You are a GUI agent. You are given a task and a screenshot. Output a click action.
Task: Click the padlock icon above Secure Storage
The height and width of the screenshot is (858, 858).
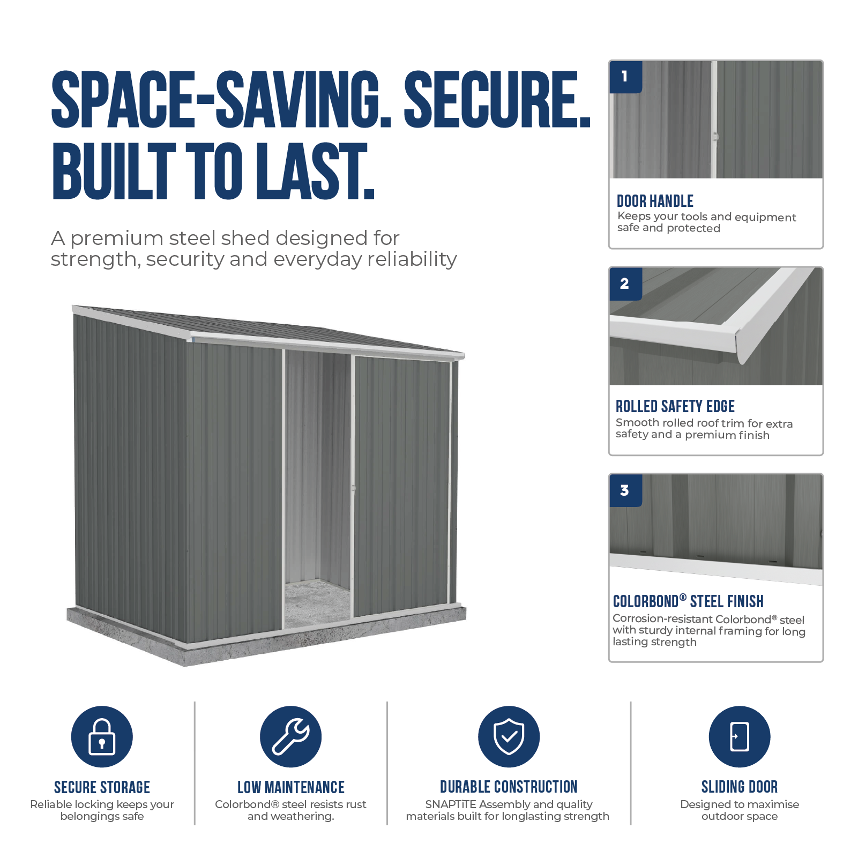tap(102, 736)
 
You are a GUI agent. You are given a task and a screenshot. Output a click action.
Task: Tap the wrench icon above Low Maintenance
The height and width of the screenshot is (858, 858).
tap(290, 736)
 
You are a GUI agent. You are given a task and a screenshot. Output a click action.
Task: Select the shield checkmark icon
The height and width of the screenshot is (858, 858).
tap(509, 736)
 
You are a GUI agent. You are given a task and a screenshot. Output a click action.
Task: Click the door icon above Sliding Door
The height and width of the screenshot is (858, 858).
tap(740, 736)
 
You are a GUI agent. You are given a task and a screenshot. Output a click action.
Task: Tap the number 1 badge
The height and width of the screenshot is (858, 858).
tap(625, 77)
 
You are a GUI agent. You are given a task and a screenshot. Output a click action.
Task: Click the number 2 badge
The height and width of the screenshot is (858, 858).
tap(625, 283)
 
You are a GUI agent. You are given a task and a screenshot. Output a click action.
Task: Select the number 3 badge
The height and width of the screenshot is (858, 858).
tap(625, 490)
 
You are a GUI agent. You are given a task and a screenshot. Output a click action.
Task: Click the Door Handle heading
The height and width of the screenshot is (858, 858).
tap(655, 201)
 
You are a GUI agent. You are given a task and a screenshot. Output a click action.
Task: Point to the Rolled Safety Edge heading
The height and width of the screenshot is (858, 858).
tap(675, 406)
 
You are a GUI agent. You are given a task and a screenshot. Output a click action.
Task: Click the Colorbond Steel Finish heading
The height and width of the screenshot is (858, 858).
tap(688, 601)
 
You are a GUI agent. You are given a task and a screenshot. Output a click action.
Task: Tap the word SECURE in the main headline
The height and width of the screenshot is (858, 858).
tap(497, 100)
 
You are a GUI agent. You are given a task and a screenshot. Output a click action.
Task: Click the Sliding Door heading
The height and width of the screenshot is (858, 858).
tap(740, 787)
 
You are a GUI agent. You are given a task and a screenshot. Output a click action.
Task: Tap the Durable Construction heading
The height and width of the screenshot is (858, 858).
tap(509, 787)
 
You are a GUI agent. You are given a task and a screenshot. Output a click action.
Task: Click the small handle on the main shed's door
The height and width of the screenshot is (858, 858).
tap(353, 488)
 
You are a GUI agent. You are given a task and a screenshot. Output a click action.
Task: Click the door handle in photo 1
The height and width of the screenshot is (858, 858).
tap(715, 137)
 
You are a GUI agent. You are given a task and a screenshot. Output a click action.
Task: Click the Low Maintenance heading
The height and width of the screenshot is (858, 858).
tap(291, 787)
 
